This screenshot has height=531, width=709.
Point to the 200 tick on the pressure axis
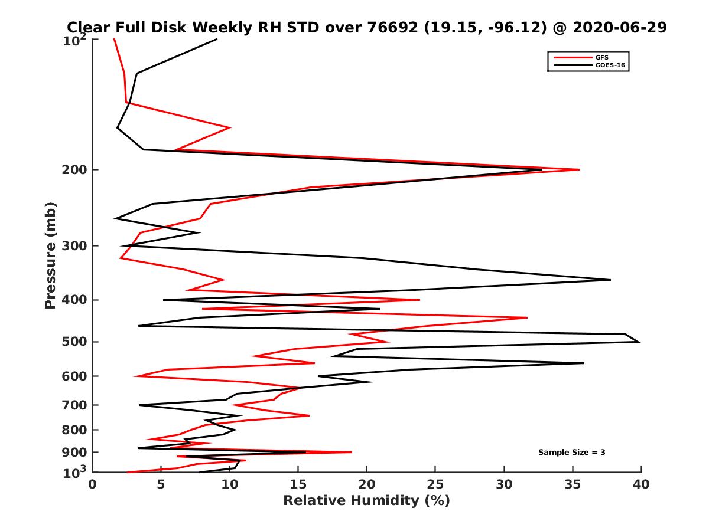[x=75, y=170]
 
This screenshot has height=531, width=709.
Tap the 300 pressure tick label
[x=75, y=245]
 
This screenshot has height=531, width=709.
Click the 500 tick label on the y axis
[x=75, y=342]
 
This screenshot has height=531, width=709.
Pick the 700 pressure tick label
[x=75, y=405]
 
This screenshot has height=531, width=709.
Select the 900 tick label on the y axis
[x=75, y=452]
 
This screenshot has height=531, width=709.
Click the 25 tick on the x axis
[x=435, y=484]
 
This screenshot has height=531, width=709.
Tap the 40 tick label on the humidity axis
[x=641, y=484]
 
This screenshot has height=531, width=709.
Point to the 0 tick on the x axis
[x=93, y=484]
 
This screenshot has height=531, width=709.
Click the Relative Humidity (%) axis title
[x=366, y=501]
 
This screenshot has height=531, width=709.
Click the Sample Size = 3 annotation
[x=571, y=452]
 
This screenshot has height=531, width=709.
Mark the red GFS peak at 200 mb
[x=579, y=169]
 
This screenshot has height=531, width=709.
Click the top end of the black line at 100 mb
[x=217, y=39]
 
